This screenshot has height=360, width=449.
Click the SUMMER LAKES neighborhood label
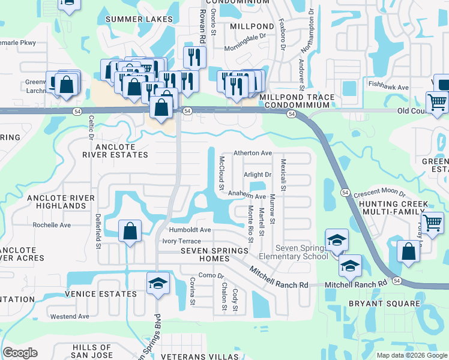[x=139, y=19]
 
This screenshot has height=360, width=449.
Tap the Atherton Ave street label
[x=253, y=153]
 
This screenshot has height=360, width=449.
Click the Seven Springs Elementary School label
[x=302, y=253]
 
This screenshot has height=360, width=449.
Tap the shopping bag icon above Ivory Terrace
[x=130, y=232]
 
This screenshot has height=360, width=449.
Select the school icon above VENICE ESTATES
[x=158, y=283]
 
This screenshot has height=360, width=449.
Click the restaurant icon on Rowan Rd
[x=194, y=57]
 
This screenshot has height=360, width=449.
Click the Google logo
[x=20, y=353]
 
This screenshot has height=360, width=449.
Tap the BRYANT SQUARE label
[x=385, y=304]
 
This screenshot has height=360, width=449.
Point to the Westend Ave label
[x=70, y=316]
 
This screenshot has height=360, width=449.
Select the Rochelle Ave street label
[x=52, y=225]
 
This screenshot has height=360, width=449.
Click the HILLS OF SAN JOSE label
[x=92, y=352]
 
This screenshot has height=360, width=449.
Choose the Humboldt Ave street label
[x=190, y=230]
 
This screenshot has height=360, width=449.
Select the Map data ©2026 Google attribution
[x=411, y=355]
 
